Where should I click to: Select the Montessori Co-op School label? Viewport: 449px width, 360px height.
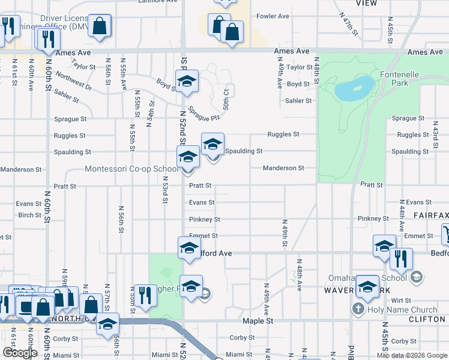[131, 169]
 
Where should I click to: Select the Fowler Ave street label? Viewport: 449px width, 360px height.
[273, 16]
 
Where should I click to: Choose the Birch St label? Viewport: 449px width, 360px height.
[29, 215]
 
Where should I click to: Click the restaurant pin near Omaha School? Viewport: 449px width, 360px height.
[401, 259]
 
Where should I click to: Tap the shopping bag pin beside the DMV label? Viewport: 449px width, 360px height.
[100, 26]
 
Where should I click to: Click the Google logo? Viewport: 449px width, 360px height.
[20, 353]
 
